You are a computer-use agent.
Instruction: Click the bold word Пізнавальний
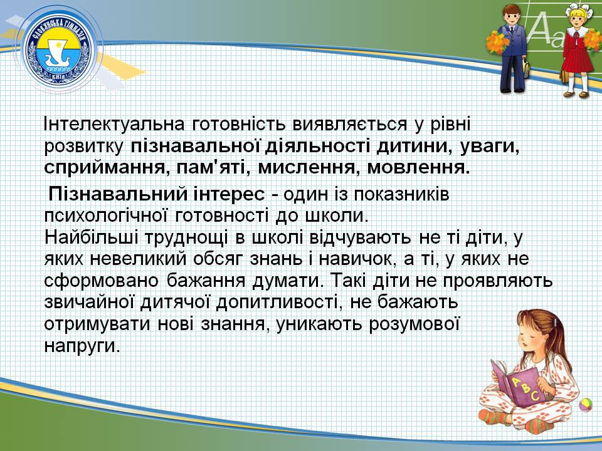tap(117, 194)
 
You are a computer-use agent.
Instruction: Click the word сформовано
tap(100, 281)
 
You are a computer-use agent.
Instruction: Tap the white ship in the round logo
tap(58, 59)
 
